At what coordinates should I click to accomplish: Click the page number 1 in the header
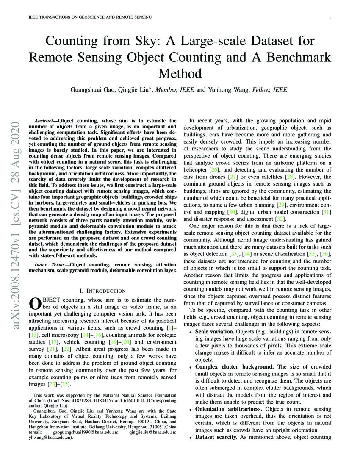pyautogui.click(x=330, y=17)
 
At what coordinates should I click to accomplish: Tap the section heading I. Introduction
pyautogui.click(x=102, y=291)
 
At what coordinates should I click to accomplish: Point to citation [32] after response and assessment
pyautogui.click(x=279, y=219)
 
